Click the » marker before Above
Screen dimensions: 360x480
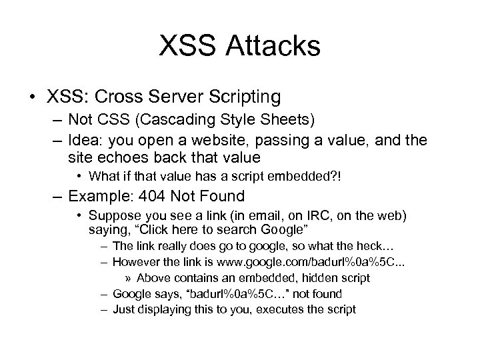(x=130, y=277)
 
